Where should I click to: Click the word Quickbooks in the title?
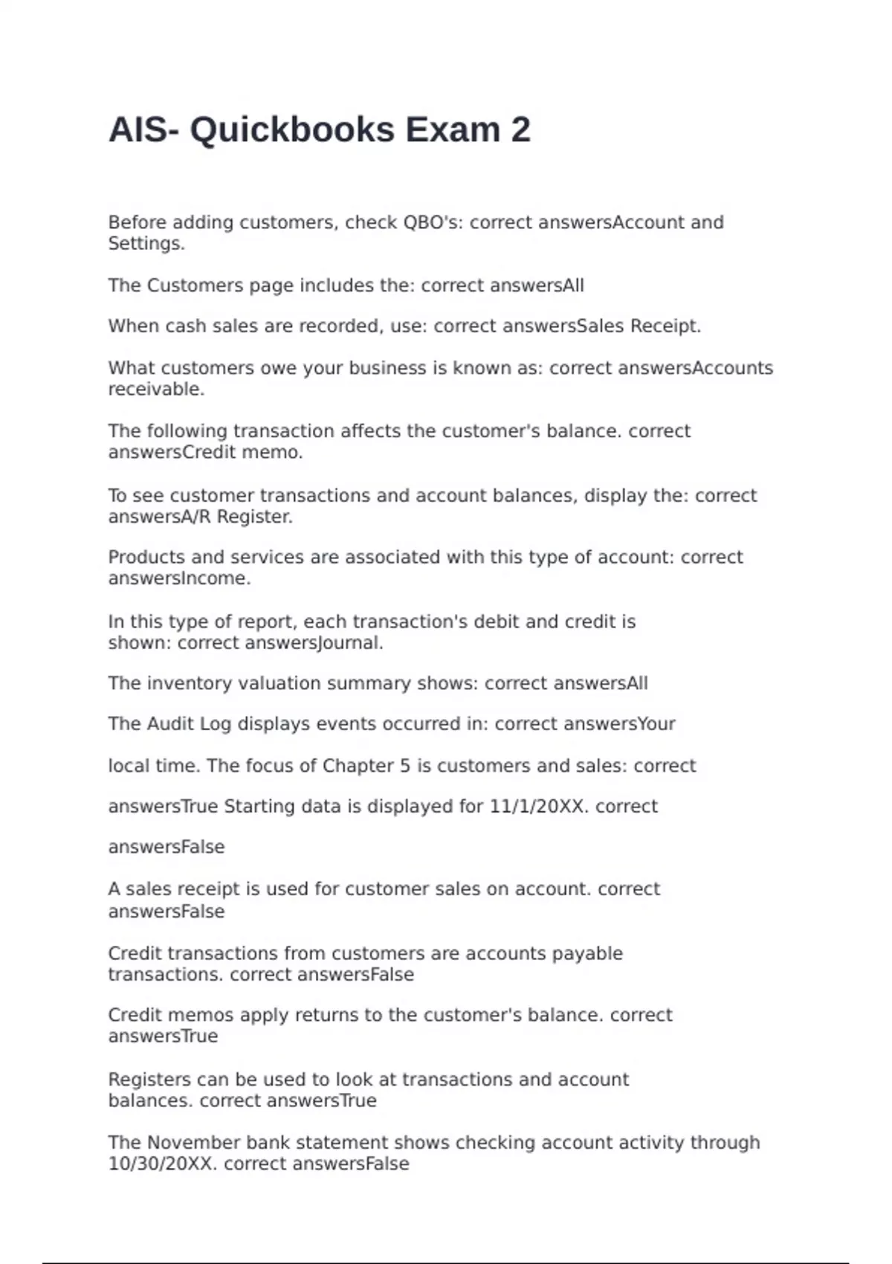pyautogui.click(x=292, y=130)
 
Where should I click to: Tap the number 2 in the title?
pyautogui.click(x=521, y=130)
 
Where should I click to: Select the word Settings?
pyautogui.click(x=146, y=243)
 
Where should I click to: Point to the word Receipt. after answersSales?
pyautogui.click(x=666, y=326)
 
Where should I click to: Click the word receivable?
pyautogui.click(x=156, y=389)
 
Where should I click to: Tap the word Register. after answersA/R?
pyautogui.click(x=255, y=516)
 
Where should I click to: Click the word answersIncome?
pyautogui.click(x=179, y=578)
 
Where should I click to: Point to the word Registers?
pyautogui.click(x=149, y=1080)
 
